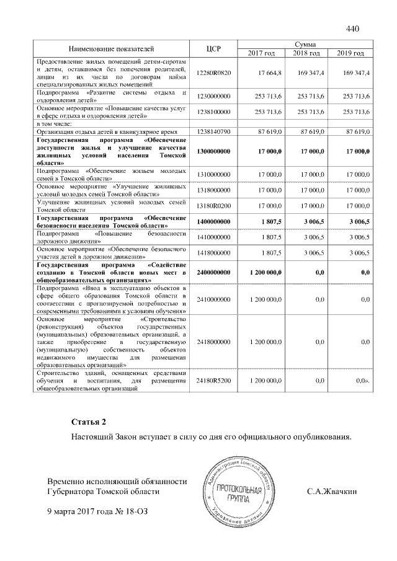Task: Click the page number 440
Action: pyautogui.click(x=353, y=28)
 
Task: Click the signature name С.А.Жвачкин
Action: pyautogui.click(x=332, y=492)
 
